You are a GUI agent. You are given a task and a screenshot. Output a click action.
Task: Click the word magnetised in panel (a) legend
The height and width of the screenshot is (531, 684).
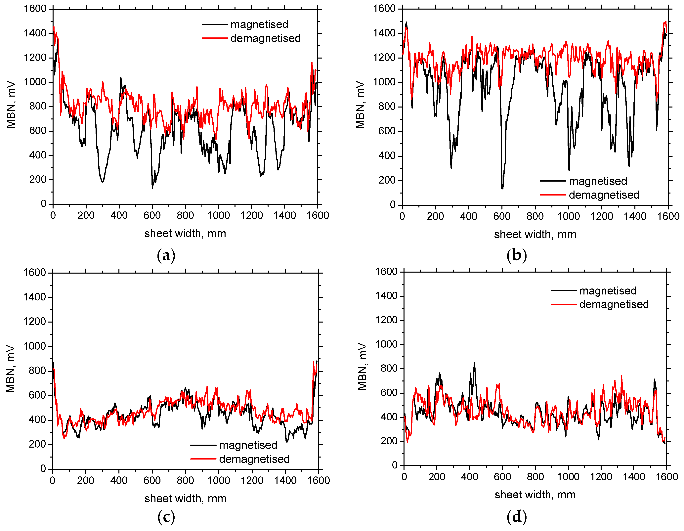(259, 24)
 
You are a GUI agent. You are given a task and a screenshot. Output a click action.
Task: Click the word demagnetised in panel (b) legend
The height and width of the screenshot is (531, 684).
(604, 195)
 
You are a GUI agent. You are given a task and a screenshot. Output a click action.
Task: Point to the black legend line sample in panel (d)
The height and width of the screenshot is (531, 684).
(563, 291)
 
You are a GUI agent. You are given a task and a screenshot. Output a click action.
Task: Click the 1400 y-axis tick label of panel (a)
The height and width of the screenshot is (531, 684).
(35, 33)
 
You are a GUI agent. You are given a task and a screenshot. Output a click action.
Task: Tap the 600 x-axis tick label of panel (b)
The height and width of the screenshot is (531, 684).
(502, 216)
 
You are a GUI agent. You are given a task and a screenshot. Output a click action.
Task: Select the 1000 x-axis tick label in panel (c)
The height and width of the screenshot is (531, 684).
(219, 480)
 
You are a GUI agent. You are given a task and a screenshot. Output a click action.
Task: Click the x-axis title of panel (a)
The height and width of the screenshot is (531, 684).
(185, 233)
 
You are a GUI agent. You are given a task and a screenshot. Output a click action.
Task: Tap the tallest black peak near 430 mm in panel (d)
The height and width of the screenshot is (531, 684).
(474, 363)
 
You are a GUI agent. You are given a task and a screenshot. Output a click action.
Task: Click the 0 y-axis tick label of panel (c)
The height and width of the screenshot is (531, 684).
(43, 469)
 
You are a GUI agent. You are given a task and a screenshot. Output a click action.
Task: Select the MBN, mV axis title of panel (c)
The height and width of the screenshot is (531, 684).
(10, 369)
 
